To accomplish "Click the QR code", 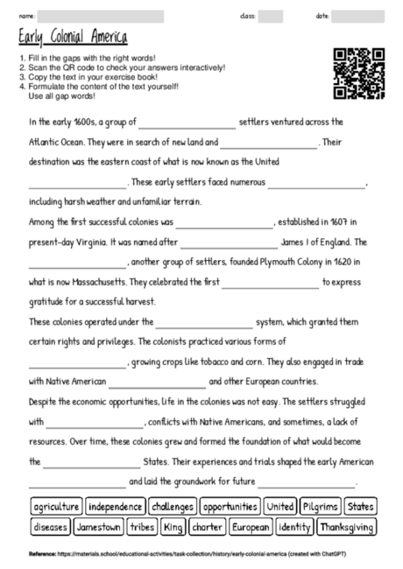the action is [x=359, y=73].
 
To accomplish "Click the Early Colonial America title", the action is [x=73, y=38].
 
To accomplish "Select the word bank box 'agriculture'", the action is [x=56, y=507].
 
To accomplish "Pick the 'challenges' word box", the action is [x=172, y=507].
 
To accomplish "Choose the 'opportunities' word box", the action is [x=230, y=507].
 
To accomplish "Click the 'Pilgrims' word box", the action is [x=320, y=507].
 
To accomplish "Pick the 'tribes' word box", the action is [x=142, y=527].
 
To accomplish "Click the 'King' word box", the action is [x=173, y=527].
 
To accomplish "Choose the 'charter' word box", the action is [x=208, y=527].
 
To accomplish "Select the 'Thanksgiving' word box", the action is [x=347, y=527].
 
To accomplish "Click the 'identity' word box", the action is [x=293, y=527].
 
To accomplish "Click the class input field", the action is [x=271, y=16].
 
